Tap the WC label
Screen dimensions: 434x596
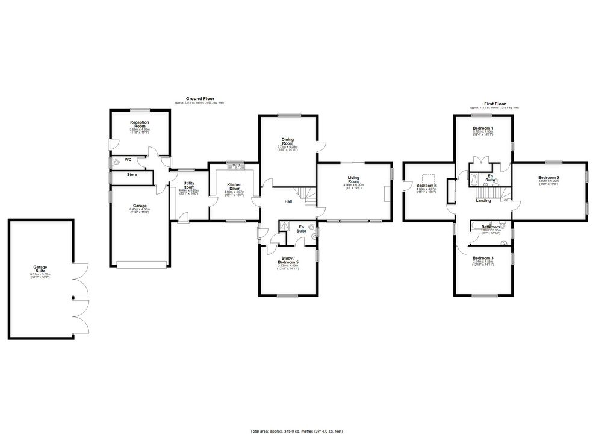click(x=128, y=160)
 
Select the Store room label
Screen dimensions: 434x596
click(x=132, y=175)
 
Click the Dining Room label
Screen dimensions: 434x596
click(x=287, y=141)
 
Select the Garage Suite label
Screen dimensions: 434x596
click(x=40, y=268)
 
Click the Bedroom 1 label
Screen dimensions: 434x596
click(x=483, y=128)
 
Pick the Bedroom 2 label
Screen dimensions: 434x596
click(x=548, y=177)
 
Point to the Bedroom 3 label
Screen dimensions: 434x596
click(x=483, y=258)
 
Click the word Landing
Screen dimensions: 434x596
click(x=483, y=201)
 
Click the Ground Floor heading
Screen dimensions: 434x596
click(x=199, y=99)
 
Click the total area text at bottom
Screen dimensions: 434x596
click(x=297, y=431)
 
